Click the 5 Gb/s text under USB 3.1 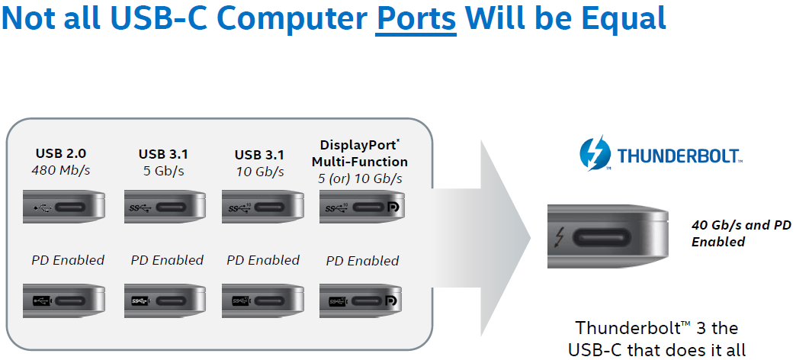[x=162, y=170]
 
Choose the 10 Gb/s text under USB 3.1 [x=259, y=171]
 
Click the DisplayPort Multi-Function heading [x=359, y=153]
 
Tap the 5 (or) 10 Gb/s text [x=360, y=178]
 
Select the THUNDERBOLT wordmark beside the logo [x=679, y=156]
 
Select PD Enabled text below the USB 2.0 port [x=68, y=260]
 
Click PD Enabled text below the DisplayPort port [x=362, y=261]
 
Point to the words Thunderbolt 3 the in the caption [x=656, y=328]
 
